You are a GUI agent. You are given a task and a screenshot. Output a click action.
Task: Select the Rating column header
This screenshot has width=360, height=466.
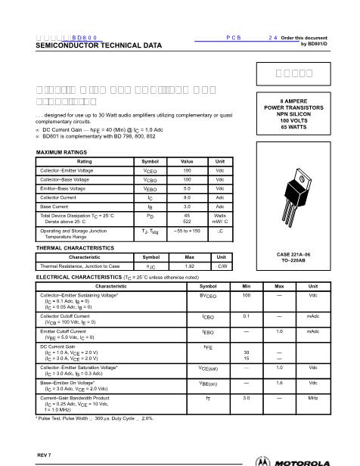pyautogui.click(x=84, y=162)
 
